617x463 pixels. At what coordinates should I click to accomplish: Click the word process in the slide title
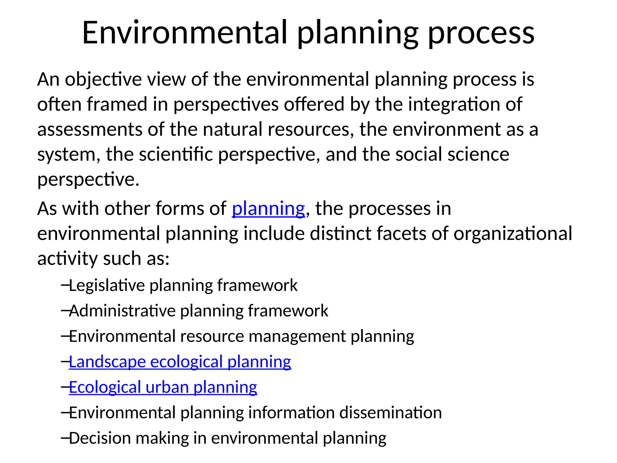coord(481,33)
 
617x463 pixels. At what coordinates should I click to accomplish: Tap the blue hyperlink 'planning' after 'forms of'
coord(268,208)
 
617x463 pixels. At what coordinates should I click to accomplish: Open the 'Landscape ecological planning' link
coord(180,362)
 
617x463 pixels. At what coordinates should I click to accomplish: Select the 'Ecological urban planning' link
coord(163,387)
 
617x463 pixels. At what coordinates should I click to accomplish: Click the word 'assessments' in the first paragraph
coord(90,129)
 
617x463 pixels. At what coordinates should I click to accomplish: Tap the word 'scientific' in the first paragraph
coord(176,154)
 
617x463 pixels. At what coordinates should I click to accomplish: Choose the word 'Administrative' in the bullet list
coord(122,311)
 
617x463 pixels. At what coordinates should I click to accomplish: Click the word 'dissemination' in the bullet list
coord(390,413)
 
